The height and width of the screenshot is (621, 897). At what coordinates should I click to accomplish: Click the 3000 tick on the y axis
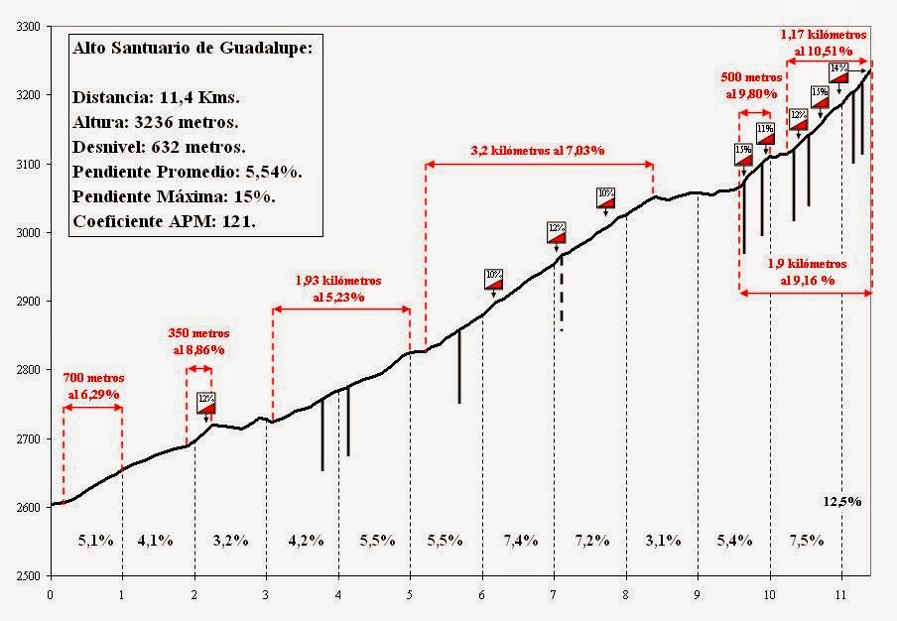point(24,232)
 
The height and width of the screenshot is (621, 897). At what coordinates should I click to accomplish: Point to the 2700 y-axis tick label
point(24,438)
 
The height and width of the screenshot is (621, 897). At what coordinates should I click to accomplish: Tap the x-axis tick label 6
point(482,596)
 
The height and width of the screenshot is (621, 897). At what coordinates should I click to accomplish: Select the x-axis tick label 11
point(840,596)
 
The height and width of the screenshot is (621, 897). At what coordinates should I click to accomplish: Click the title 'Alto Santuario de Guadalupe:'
point(192,48)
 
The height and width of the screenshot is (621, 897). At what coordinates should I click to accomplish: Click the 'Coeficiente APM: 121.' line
point(165,222)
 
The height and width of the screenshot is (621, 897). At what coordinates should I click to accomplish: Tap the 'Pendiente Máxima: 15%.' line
point(174,196)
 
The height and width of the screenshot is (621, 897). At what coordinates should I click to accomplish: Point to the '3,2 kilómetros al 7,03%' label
point(538,151)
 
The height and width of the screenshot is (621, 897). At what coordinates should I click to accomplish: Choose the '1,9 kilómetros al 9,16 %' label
point(808,273)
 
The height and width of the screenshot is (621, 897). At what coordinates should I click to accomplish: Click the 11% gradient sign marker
point(765,132)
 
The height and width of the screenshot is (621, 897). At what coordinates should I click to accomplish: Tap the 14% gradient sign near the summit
point(838,70)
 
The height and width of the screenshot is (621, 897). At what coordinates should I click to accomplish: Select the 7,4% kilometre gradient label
point(520,541)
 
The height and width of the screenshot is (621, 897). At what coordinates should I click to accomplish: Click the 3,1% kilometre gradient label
point(663,541)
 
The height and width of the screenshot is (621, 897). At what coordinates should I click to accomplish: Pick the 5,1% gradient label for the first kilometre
point(95,541)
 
